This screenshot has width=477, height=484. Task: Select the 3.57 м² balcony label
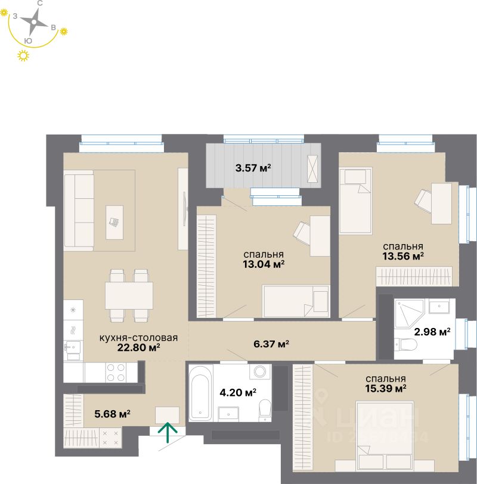(x=253, y=168)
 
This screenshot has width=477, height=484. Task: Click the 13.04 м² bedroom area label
(x=263, y=264)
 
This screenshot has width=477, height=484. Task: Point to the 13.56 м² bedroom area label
(x=403, y=256)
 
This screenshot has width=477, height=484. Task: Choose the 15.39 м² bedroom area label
(x=386, y=388)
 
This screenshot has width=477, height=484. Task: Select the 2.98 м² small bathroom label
(x=432, y=332)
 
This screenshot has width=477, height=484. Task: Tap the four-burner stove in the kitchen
(x=116, y=372)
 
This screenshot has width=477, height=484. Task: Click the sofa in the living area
(x=79, y=210)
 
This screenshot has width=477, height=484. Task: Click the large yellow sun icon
(x=24, y=56)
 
